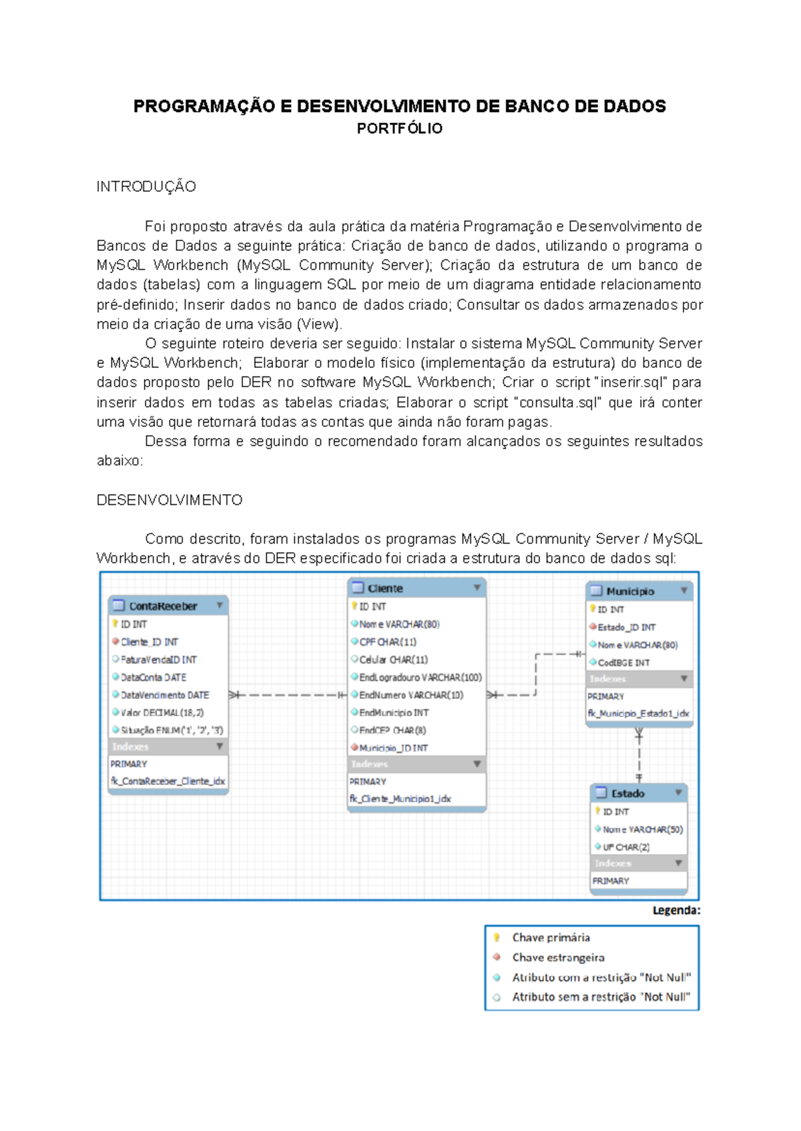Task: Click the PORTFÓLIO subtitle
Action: pos(399,129)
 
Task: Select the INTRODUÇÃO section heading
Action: pos(146,187)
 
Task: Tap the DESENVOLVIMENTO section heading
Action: pos(170,500)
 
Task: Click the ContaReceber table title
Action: pos(163,606)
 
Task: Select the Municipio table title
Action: pos(629,592)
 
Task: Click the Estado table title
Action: pos(627,793)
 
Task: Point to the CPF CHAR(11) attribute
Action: pos(387,642)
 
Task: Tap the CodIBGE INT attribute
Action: pos(623,663)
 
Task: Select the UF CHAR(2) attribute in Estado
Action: pos(625,847)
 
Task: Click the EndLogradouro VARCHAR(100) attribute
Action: pos(420,677)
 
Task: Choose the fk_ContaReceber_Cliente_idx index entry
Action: pos(168,781)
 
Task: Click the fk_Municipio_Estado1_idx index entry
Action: pos(638,714)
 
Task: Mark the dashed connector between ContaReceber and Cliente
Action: pos(287,695)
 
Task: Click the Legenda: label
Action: pos(676,910)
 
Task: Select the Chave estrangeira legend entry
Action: pos(558,957)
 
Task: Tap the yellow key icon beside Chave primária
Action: pos(497,937)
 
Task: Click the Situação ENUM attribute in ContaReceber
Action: pos(172,730)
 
